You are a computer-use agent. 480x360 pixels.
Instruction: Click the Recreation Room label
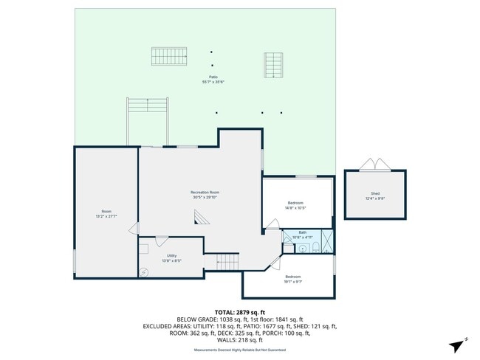coord(205,193)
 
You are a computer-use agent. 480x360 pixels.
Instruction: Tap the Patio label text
coord(213,77)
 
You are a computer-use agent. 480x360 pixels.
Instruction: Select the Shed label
coord(375,193)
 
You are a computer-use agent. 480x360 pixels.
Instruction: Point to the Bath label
coord(303,232)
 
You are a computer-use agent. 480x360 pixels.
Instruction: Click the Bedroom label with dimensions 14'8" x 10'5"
coord(295,203)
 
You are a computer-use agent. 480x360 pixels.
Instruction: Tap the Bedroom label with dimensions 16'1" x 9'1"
coord(293,277)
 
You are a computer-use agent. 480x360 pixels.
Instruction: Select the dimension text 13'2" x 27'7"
coord(106,216)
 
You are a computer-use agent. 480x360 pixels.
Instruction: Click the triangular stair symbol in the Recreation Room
coord(200,216)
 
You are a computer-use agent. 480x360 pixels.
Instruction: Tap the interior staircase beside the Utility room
coord(227,261)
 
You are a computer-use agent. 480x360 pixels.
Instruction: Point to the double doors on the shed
coord(375,165)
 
